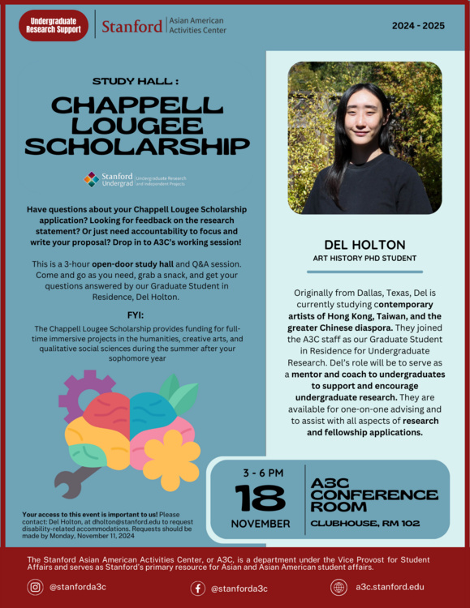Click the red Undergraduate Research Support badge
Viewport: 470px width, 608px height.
click(54, 26)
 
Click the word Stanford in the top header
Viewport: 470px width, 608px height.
click(132, 26)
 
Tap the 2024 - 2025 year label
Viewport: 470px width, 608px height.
click(418, 26)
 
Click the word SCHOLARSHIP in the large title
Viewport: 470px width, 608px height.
click(136, 146)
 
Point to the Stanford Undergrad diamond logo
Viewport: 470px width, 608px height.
click(92, 178)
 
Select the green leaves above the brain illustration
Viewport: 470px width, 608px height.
click(179, 394)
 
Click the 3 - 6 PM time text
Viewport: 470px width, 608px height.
click(262, 472)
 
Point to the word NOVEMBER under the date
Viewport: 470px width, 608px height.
click(261, 523)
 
